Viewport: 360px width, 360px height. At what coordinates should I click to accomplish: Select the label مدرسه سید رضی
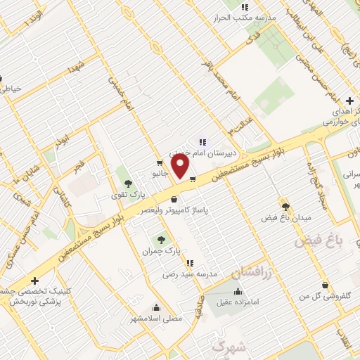tap(195, 274)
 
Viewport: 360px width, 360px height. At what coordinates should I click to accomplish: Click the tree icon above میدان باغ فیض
tap(285, 206)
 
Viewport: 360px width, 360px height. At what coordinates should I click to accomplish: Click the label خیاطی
tap(11, 89)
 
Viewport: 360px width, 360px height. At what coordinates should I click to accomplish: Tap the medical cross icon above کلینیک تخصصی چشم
tap(34, 281)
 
